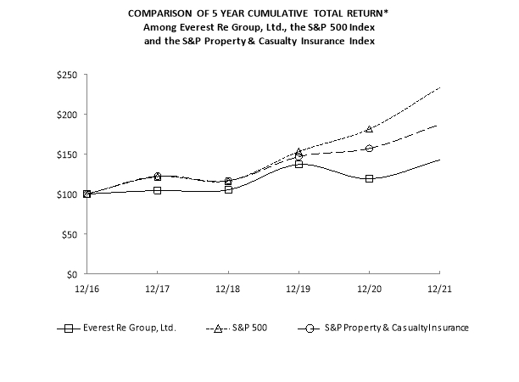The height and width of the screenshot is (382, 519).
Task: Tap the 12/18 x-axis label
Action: (227, 289)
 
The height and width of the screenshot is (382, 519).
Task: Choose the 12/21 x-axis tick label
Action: (438, 289)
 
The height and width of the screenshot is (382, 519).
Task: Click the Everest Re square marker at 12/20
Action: (369, 179)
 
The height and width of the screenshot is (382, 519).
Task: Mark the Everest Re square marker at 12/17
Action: (157, 190)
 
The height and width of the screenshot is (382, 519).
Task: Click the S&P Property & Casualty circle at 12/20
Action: (369, 149)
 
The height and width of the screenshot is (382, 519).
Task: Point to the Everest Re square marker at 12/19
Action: (299, 164)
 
